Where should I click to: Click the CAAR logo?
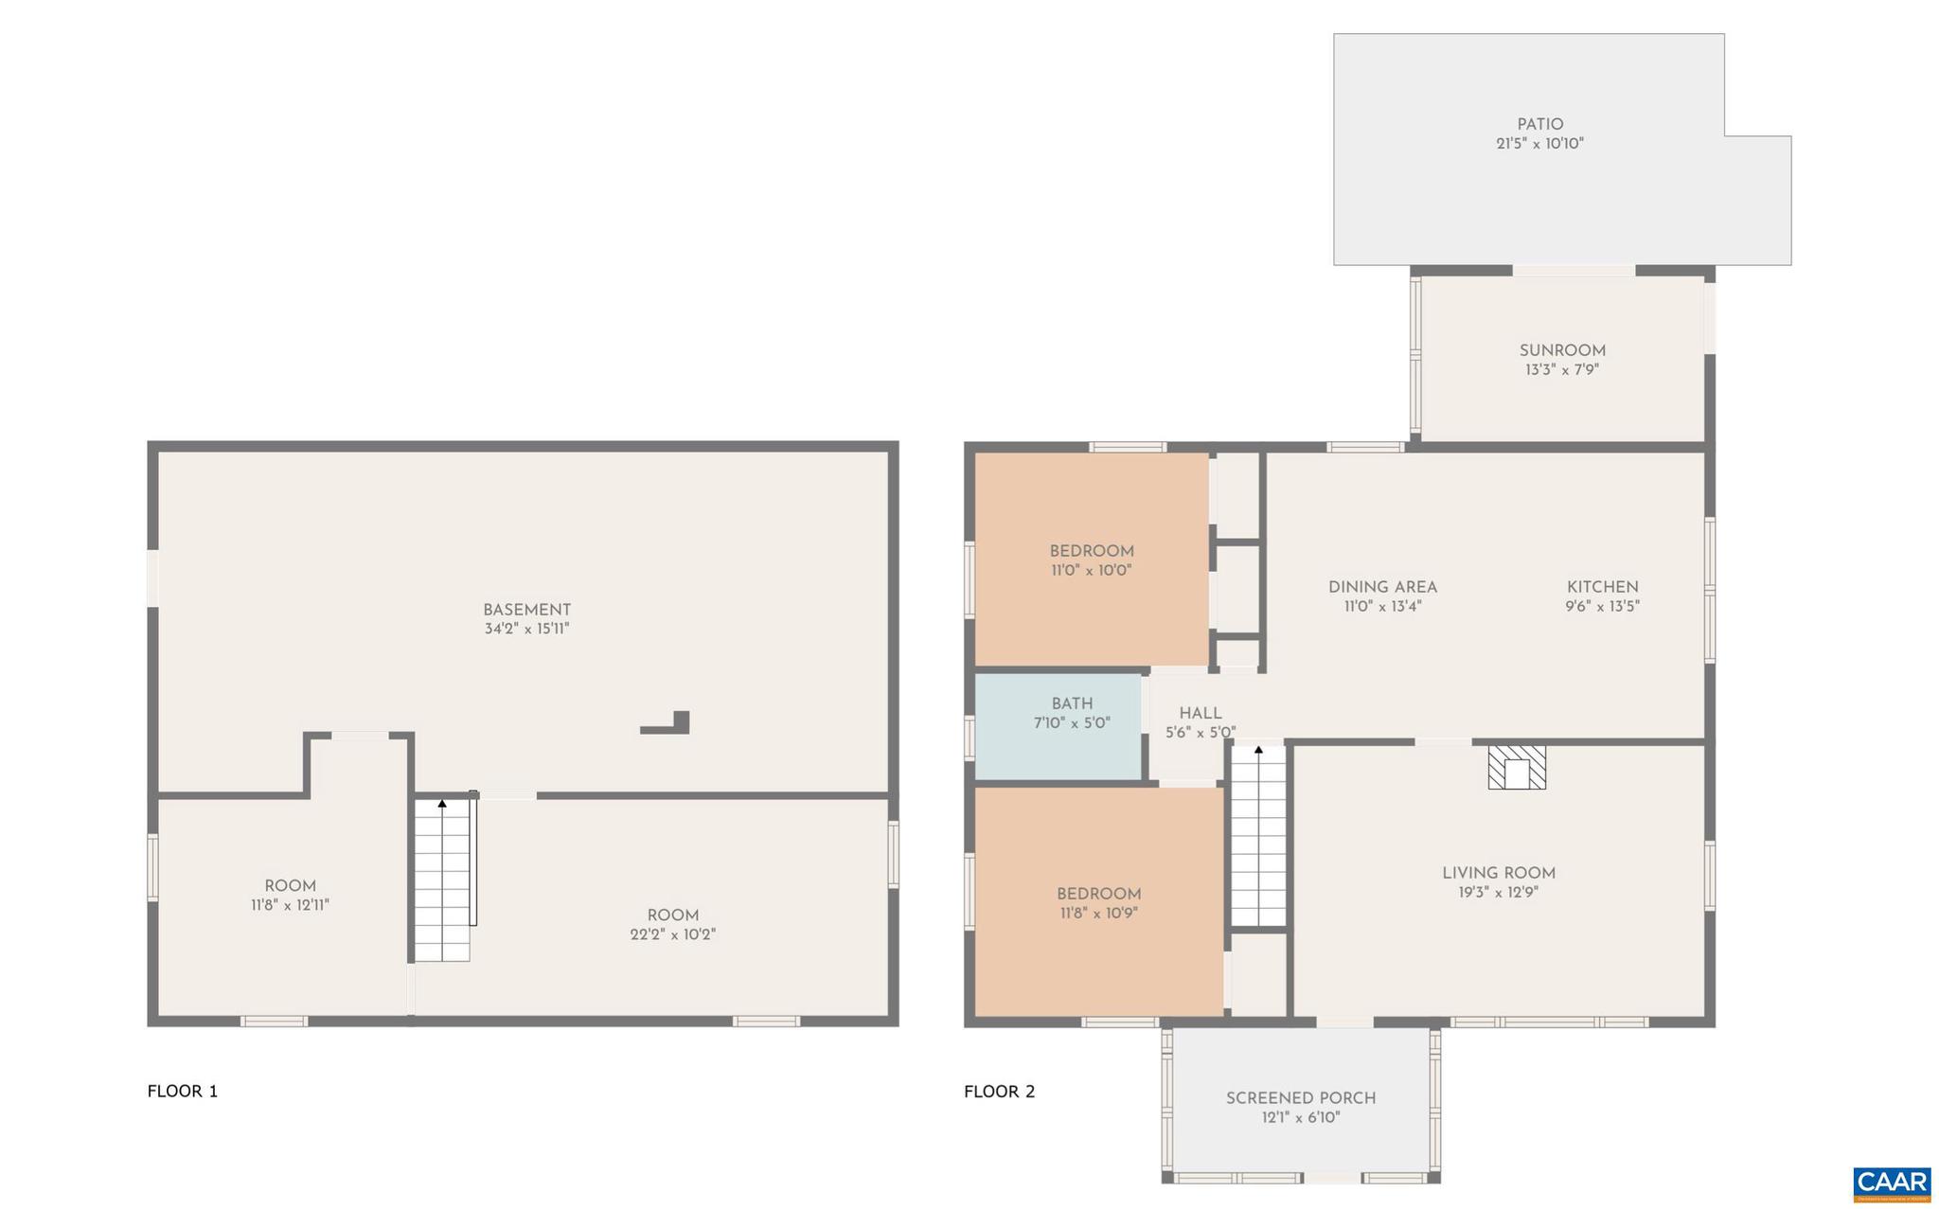(1891, 1183)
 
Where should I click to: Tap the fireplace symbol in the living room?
(1517, 768)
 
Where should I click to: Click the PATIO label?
(1539, 124)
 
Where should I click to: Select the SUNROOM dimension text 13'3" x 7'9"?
(1561, 370)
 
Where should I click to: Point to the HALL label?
(1200, 714)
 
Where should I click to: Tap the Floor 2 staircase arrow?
(1258, 750)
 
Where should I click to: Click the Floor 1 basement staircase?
(442, 880)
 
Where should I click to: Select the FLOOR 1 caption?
(183, 1091)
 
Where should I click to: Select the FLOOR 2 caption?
(999, 1091)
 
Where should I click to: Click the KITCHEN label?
(1602, 587)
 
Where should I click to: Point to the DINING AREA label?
(1382, 587)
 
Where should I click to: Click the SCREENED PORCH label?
(1300, 1098)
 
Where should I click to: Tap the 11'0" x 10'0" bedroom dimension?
(1091, 571)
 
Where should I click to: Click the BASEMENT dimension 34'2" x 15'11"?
(526, 629)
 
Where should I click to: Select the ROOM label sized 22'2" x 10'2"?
(672, 916)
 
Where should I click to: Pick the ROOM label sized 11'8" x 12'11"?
(290, 886)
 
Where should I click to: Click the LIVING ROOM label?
(1498, 873)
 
